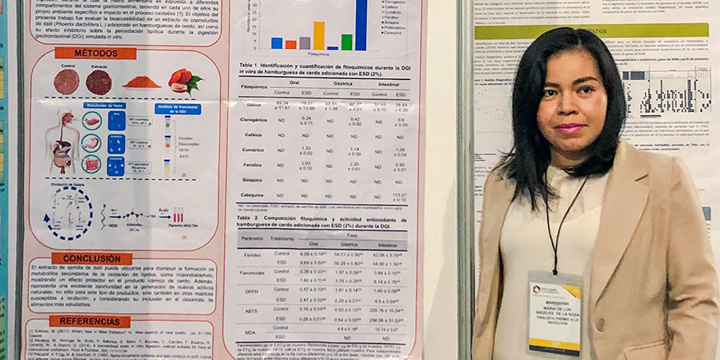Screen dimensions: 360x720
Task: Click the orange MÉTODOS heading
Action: tap(95, 53)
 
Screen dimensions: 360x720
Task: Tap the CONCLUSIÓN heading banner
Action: tap(92, 258)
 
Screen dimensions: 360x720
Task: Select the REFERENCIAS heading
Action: tap(90, 321)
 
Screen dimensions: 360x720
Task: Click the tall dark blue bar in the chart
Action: tap(361, 24)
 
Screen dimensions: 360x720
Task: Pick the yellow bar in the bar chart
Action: tap(318, 35)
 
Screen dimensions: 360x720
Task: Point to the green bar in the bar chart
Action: tap(346, 42)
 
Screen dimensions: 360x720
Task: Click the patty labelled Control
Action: tap(66, 81)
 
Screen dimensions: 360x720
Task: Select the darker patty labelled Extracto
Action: tap(99, 82)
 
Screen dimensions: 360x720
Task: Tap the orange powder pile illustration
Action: tap(142, 82)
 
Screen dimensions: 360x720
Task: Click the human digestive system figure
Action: tap(62, 141)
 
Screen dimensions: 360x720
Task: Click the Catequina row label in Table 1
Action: tap(254, 194)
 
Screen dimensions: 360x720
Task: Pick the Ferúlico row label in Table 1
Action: tap(254, 165)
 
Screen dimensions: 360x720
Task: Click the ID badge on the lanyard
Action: tap(555, 313)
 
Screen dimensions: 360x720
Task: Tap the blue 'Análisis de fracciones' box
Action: tap(178, 109)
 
